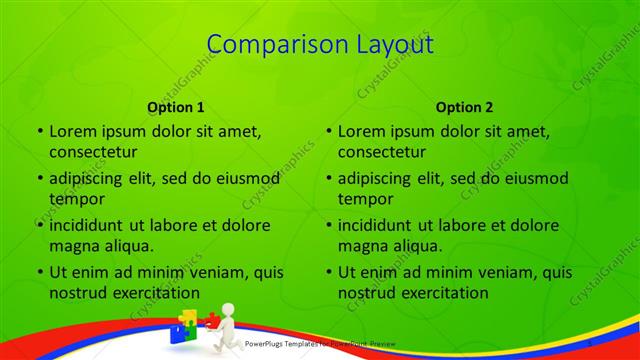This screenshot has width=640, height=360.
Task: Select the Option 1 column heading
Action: pos(176,106)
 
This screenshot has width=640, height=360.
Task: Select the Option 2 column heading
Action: pos(465,106)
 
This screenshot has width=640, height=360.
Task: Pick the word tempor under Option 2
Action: pos(362,199)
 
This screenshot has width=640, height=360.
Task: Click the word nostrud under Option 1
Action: pos(76,293)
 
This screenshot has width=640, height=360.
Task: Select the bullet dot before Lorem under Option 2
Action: pos(328,132)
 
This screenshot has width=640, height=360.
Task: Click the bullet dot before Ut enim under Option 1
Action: pos(39,273)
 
